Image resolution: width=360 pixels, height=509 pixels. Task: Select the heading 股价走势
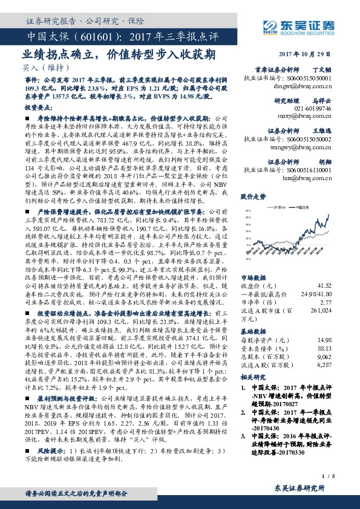coord(254,196)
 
